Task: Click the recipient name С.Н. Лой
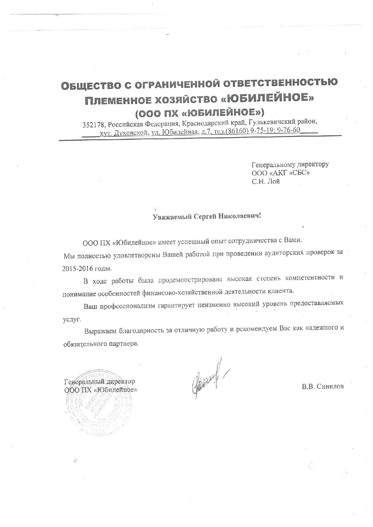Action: pos(266,181)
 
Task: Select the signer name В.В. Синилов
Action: pos(323,387)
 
